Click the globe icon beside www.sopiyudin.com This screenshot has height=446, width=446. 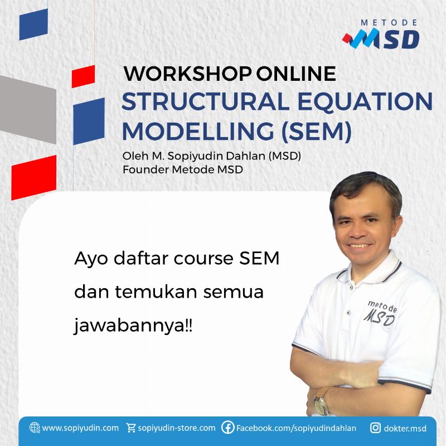coord(35,428)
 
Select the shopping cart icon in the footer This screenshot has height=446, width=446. coord(131,428)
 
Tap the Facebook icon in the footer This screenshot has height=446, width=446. coord(227,428)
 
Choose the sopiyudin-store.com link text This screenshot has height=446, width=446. coord(176,428)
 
